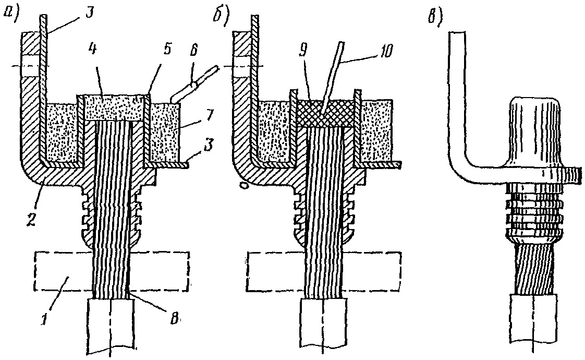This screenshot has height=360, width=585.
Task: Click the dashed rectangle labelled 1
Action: (x=112, y=271)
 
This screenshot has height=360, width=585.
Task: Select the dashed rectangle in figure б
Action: (x=324, y=271)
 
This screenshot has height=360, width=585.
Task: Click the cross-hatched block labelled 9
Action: (x=323, y=114)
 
